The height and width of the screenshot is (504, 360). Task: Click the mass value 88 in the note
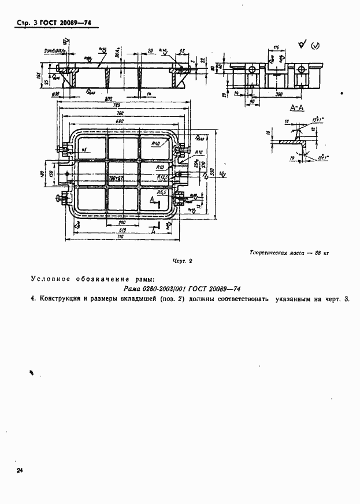tap(318, 253)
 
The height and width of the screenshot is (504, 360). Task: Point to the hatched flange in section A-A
tap(289, 141)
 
